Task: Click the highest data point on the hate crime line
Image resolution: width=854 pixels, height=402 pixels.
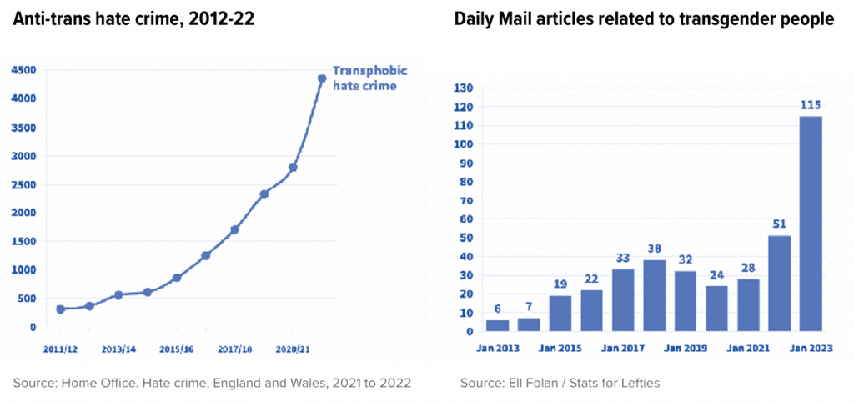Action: coord(321,78)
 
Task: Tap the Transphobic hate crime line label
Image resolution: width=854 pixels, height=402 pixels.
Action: coord(364,78)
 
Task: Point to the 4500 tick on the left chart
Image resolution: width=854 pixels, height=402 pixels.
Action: coord(23,70)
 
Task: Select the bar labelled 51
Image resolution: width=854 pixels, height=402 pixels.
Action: coord(780,284)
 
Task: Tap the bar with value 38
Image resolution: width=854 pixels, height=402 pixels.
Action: coord(654,295)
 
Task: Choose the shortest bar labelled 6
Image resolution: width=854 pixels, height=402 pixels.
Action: coord(497,325)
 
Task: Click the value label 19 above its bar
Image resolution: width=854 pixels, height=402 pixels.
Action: coord(560,284)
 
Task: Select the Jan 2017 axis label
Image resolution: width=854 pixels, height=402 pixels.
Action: coord(623,347)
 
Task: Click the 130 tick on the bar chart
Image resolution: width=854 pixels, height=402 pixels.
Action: coord(462,88)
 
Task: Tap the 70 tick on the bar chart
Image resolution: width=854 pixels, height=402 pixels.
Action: coord(465,200)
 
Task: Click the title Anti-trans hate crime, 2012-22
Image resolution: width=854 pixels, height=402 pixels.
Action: coord(134,19)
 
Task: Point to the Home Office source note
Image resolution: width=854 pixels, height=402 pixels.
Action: coord(212,383)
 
